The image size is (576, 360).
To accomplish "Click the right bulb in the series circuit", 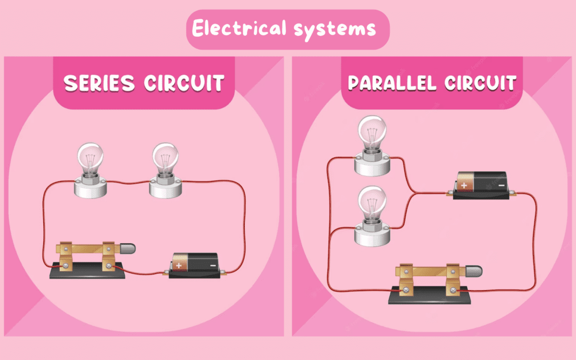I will click(165, 158).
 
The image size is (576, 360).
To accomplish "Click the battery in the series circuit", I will click(195, 264).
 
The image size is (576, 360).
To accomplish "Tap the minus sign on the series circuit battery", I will click(212, 265).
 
